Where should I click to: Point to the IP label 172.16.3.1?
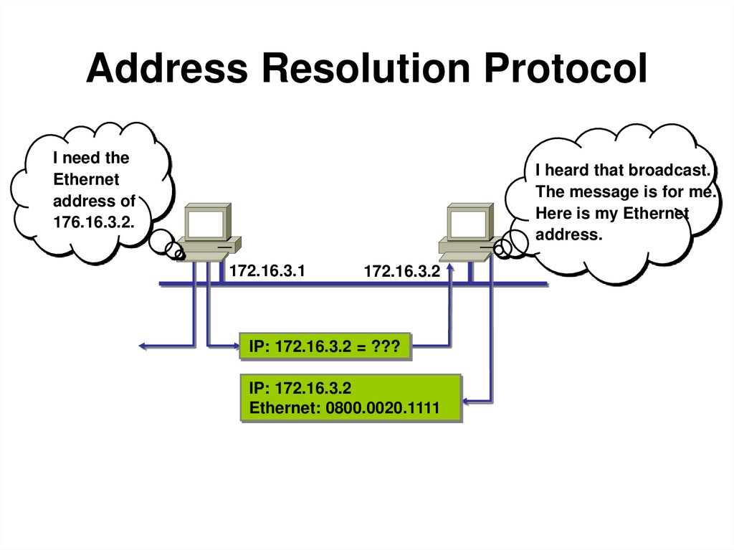pyautogui.click(x=267, y=271)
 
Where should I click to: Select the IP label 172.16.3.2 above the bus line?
pyautogui.click(x=401, y=272)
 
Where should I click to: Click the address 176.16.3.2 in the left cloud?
pyautogui.click(x=92, y=221)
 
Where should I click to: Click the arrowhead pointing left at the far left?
pyautogui.click(x=143, y=347)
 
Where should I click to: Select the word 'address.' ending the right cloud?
pyautogui.click(x=569, y=234)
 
